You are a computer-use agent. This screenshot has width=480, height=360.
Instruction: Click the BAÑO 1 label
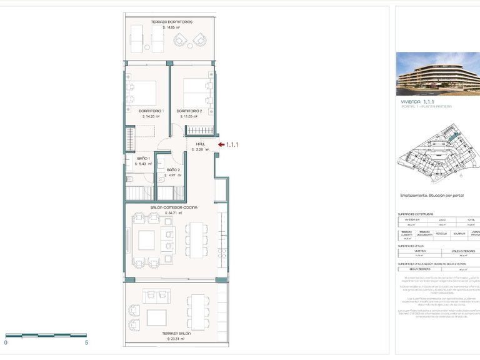pyautogui.click(x=144, y=159)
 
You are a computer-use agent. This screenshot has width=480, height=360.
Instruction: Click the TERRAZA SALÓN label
pyautogui.click(x=175, y=334)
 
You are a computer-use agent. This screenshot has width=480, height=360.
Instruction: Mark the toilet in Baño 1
pyautogui.click(x=130, y=179)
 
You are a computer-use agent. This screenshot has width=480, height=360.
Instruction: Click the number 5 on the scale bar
pyautogui.click(x=86, y=342)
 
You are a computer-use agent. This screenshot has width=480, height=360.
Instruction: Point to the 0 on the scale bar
pyautogui.click(x=6, y=342)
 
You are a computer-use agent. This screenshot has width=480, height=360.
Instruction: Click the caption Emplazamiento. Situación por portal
pyautogui.click(x=432, y=196)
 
